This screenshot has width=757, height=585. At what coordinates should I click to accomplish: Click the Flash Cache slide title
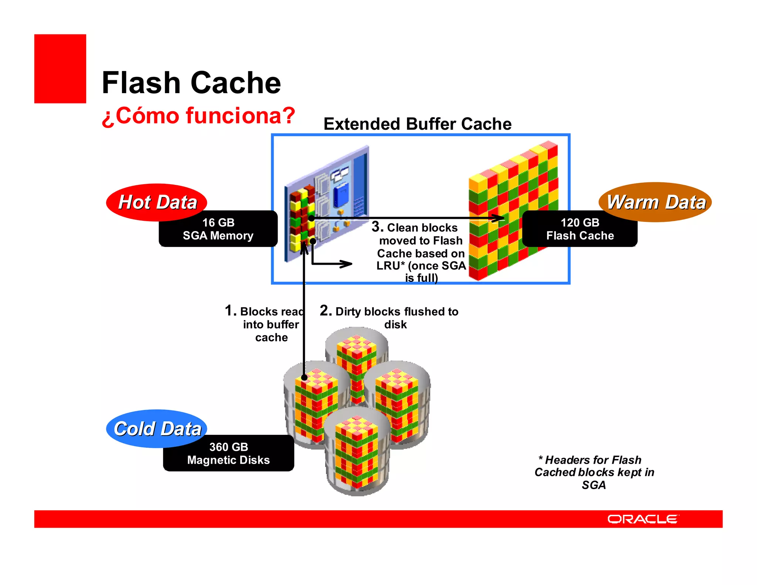(191, 83)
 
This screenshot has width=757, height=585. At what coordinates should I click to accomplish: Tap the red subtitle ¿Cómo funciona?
(198, 116)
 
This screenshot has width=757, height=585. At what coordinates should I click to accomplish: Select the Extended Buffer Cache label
(417, 124)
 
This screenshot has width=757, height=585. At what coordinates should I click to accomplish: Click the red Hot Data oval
(157, 202)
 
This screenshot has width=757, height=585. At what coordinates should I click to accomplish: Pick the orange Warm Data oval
(656, 202)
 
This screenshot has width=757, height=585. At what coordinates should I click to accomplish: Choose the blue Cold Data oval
(157, 428)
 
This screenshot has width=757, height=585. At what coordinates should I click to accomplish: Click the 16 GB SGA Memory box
(218, 229)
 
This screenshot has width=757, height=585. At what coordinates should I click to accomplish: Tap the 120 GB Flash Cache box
(580, 229)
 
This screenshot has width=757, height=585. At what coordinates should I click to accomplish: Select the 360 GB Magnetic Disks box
(228, 453)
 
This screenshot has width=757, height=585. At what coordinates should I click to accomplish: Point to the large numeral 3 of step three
(377, 227)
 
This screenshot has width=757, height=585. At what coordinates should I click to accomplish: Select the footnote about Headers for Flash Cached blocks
(594, 472)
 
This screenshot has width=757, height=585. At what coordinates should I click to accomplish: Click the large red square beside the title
(60, 69)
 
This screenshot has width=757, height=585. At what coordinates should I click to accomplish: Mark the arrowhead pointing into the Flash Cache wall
(499, 219)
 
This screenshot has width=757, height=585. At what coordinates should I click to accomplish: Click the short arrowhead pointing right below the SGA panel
(347, 264)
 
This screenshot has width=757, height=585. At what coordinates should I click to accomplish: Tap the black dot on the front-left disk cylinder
(304, 378)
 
